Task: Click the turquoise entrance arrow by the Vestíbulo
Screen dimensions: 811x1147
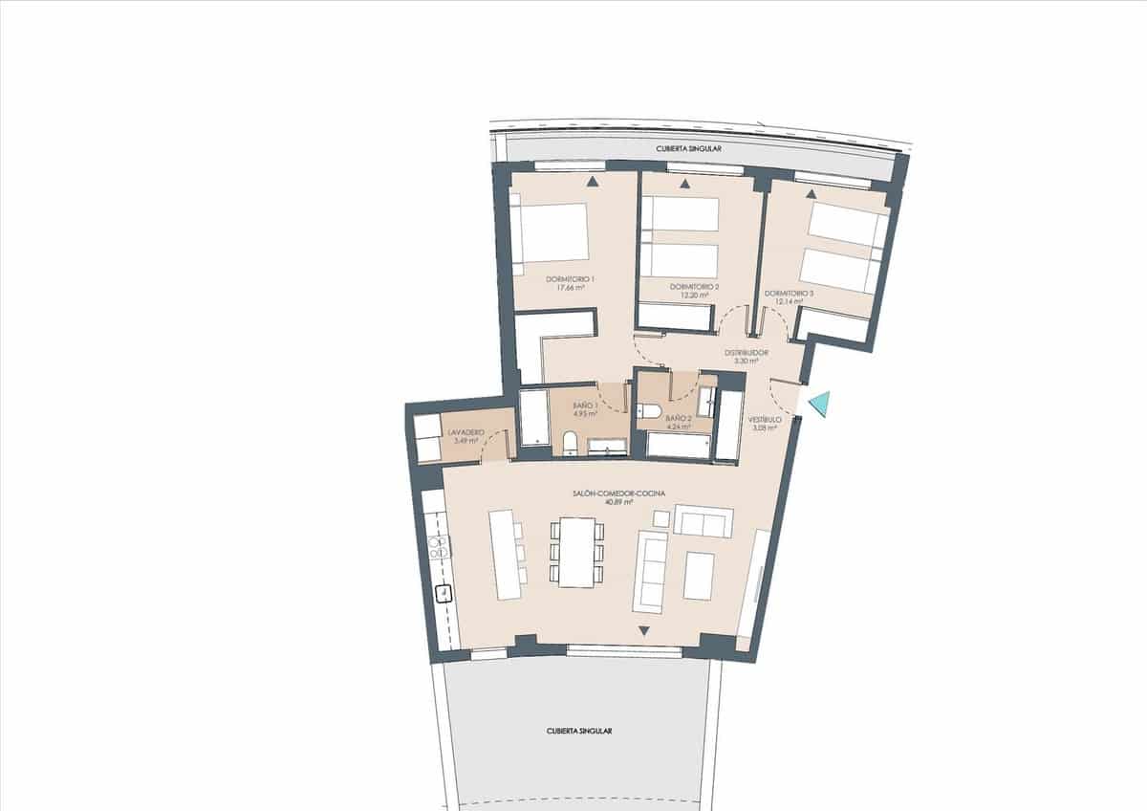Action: (818, 405)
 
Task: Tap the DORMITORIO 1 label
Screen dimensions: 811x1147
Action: (571, 278)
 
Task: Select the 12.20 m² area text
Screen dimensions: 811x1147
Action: (694, 296)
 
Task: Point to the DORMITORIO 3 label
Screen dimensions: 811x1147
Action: (789, 293)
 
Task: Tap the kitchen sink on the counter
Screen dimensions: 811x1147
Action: (444, 594)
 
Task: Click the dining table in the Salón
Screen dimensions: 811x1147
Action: (576, 552)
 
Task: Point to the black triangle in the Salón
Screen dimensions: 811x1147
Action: (644, 630)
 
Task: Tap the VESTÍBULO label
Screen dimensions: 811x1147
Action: (766, 419)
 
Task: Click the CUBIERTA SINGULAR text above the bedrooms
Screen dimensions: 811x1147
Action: (687, 149)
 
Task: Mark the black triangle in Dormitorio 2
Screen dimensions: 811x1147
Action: (684, 185)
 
